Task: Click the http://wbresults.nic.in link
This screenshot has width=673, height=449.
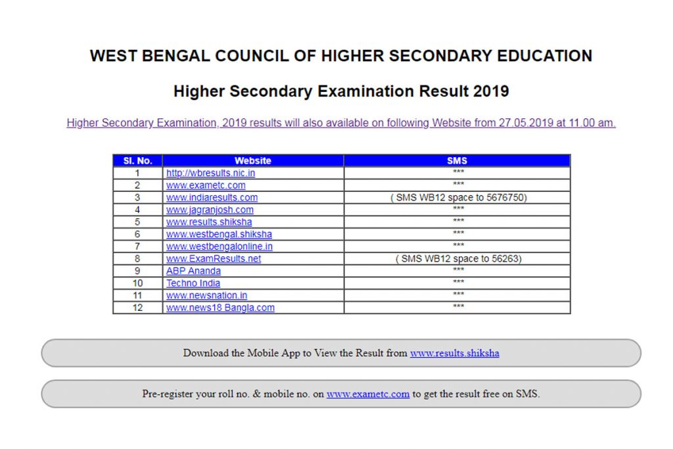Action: pos(210,173)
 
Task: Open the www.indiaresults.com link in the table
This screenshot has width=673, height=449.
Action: pos(212,197)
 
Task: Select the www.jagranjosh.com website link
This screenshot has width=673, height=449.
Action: pos(210,210)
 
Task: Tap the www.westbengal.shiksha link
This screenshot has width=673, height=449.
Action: pos(219,234)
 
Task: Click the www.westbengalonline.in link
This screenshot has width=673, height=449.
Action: pos(220,247)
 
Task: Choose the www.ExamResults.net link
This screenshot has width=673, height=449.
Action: pos(214,258)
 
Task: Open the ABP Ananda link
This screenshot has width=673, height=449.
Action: pos(193,271)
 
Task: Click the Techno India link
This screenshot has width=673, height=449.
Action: pos(193,283)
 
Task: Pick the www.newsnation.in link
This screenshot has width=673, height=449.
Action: pos(206,295)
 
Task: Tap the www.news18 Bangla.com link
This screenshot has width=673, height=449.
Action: pos(220,308)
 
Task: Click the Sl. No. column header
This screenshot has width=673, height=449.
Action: pos(137,160)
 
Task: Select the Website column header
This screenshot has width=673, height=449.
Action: pos(253,160)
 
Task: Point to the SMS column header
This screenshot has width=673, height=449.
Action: pos(457,160)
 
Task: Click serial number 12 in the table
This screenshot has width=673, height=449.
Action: pos(137,308)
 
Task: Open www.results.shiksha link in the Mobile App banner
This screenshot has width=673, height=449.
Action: pos(454,353)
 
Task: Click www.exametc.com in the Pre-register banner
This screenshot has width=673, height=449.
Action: pos(368,394)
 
